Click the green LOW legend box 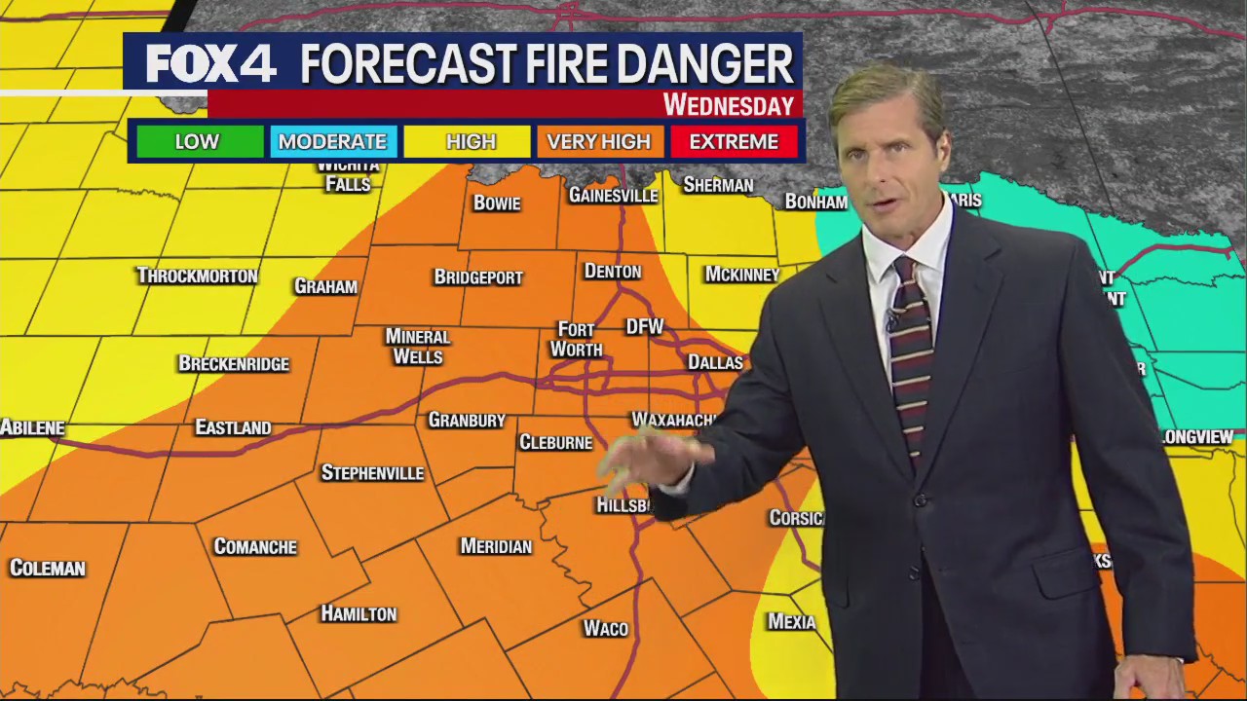point(197,142)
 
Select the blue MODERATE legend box point(332,142)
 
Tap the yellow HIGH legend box point(471,142)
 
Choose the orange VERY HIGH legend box point(598,142)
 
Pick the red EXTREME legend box point(734,142)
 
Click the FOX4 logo point(210,64)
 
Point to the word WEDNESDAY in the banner point(728,105)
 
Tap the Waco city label point(606,628)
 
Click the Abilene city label point(33,427)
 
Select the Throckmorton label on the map point(198,276)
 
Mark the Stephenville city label point(373,473)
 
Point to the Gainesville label point(614,196)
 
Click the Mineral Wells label point(417,346)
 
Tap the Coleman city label point(48,568)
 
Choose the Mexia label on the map point(791,621)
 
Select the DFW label point(644,327)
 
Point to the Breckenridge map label point(234,364)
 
